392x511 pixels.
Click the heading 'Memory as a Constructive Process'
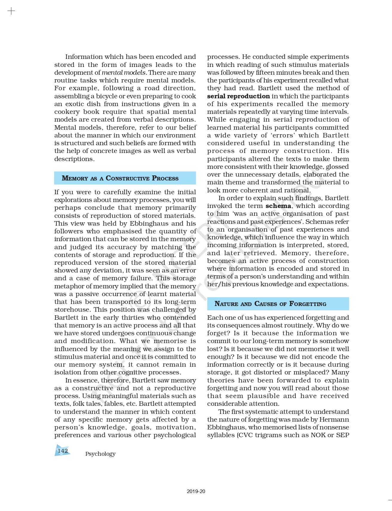click(x=120, y=178)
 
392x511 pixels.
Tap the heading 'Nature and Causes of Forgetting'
click(x=270, y=304)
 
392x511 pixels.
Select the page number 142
click(x=63, y=451)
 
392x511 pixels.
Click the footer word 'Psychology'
click(x=100, y=454)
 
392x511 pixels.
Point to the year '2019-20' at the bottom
click(x=196, y=491)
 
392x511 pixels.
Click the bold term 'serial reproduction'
click(x=238, y=96)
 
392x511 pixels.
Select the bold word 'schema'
click(x=278, y=206)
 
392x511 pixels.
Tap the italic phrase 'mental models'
click(x=124, y=73)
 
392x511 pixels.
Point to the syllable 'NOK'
click(x=318, y=435)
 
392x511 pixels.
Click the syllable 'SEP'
click(x=342, y=435)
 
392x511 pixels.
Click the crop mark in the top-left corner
click(x=11, y=11)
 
